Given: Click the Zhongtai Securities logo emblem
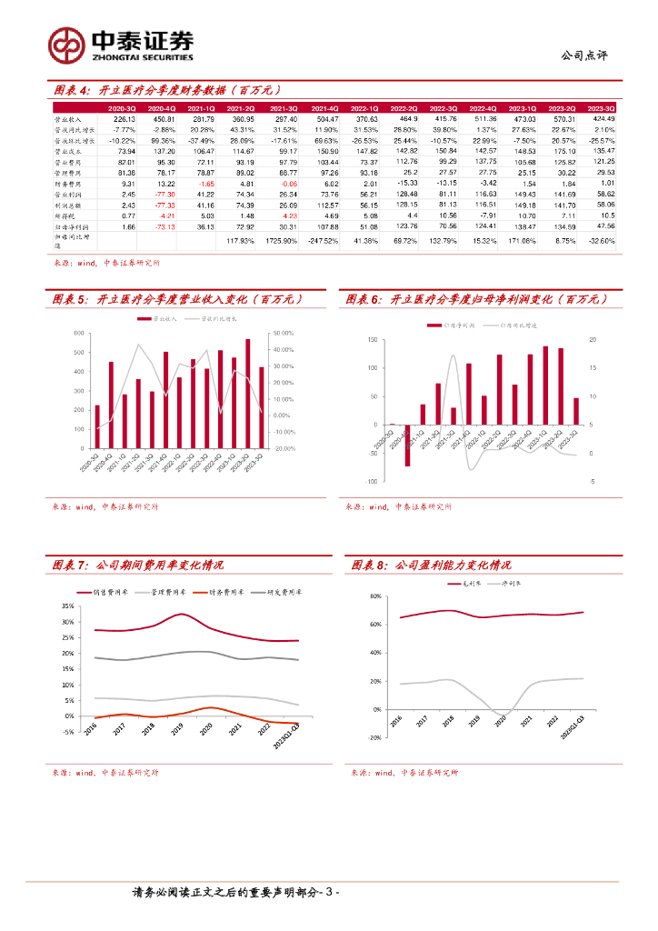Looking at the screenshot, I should (x=66, y=44).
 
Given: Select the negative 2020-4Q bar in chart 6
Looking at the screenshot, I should (x=407, y=445).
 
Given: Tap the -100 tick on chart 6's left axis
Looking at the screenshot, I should (x=373, y=480).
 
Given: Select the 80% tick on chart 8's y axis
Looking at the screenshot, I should (x=374, y=596).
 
